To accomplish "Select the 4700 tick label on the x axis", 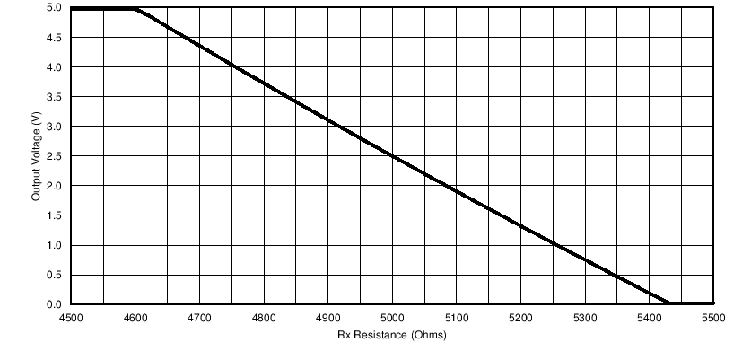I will [x=199, y=318].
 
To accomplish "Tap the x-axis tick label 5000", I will [x=392, y=318].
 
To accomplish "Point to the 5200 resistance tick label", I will [x=520, y=318].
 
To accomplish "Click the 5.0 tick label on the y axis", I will [x=54, y=8].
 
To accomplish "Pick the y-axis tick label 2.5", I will [x=54, y=156].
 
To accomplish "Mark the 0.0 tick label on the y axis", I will [x=54, y=304].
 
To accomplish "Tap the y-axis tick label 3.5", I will [x=54, y=97].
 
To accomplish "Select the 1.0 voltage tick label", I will [x=54, y=245].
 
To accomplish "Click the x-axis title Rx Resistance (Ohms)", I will [x=392, y=337].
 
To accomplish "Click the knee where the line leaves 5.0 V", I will [x=135, y=9].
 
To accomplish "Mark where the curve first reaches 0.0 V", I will [x=668, y=303].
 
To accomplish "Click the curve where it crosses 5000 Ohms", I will [x=392, y=155].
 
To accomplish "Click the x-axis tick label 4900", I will [x=327, y=318].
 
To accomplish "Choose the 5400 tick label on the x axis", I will [x=650, y=318].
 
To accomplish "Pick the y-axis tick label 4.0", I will [x=54, y=67].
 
